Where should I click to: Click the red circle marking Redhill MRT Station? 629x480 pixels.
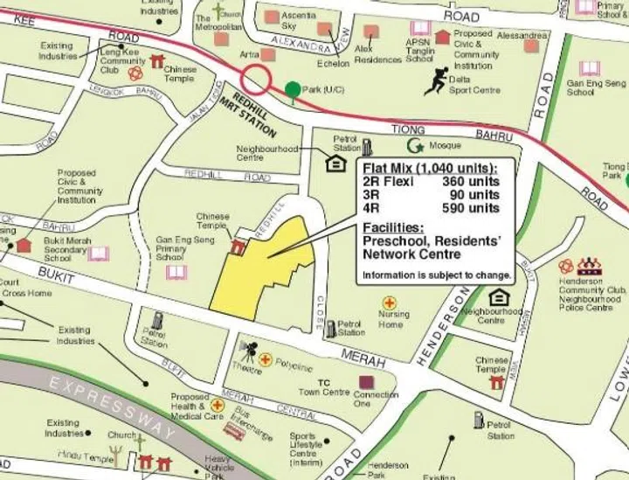point(257,80)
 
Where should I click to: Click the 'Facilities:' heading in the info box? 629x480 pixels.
point(393,227)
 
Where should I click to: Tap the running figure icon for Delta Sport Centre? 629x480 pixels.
point(435,81)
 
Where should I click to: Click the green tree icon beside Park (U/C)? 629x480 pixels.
point(291,89)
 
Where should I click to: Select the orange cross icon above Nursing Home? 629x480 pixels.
point(389,303)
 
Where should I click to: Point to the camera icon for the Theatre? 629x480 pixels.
point(248,351)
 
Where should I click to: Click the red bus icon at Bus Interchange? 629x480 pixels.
point(233,430)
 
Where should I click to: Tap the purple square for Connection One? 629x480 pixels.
point(365,383)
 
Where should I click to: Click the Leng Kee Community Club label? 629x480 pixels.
point(122,61)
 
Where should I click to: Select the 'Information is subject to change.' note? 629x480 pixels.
point(437,275)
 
